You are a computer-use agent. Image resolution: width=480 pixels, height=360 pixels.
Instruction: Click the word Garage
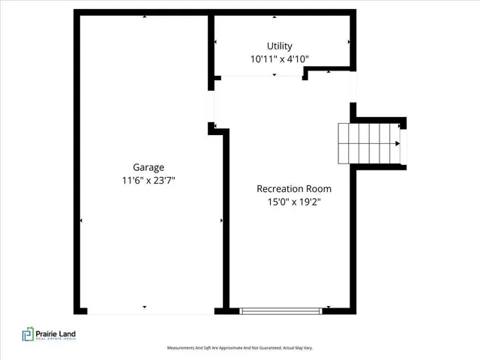148,167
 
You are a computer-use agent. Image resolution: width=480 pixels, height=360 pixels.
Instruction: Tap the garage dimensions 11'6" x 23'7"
148,180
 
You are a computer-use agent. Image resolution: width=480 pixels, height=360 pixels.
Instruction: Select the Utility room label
280,46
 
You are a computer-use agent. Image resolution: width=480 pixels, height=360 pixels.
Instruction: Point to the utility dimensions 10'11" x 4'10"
280,58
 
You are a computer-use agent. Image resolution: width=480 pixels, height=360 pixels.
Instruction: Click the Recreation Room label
294,189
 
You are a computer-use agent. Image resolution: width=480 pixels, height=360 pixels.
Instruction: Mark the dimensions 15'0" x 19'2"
294,202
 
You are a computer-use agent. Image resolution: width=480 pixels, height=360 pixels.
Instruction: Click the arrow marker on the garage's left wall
81,220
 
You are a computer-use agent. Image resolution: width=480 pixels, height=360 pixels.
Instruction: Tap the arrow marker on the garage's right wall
221,220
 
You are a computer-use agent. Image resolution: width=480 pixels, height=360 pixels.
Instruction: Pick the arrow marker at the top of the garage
144,16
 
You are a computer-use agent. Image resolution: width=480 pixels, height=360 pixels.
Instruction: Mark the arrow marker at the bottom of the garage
144,307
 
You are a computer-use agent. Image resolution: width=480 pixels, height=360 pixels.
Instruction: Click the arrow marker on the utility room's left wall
216,42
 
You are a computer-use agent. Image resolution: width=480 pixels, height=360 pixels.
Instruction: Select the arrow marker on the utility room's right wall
349,42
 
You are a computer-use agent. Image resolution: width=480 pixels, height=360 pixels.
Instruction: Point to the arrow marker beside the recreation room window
328,307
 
